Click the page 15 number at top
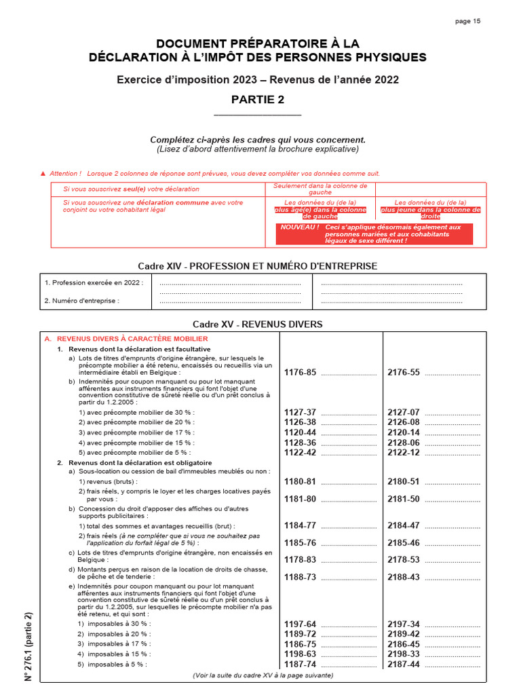point(467,21)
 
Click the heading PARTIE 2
point(258,100)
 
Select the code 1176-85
point(300,373)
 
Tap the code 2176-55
point(404,373)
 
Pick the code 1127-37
point(300,412)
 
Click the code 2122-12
point(404,452)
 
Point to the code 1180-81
point(300,481)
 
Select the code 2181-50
point(404,499)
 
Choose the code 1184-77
point(300,525)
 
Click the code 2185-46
point(404,543)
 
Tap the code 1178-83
point(300,560)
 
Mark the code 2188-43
point(404,577)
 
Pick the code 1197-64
point(300,624)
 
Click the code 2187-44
point(404,664)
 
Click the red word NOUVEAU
point(299,227)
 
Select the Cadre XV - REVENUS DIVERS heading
point(258,324)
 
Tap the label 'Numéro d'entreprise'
point(81,301)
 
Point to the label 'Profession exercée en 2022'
point(94,283)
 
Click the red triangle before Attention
point(43,174)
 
